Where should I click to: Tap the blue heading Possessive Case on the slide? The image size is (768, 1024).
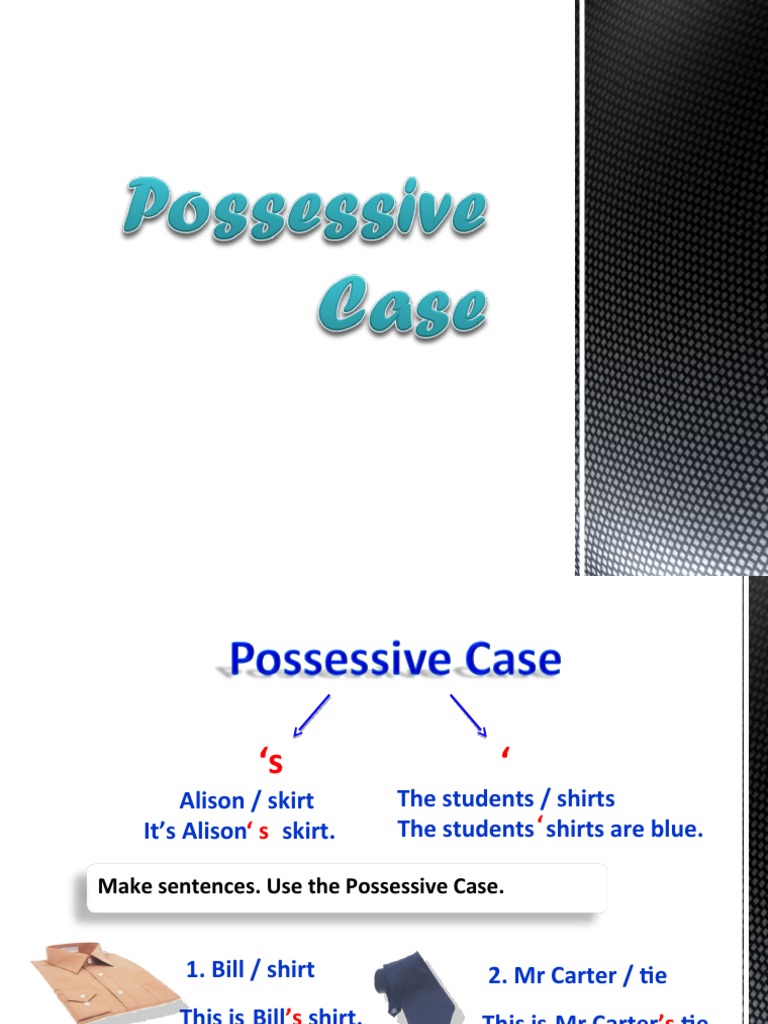coord(395,660)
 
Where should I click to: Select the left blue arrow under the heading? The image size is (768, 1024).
coord(310,716)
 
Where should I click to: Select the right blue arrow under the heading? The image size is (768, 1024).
coord(468,716)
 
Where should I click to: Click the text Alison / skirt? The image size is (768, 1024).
coord(246,800)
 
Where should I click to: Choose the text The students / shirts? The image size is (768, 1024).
coord(506,798)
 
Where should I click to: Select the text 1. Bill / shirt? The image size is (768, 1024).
coord(250,969)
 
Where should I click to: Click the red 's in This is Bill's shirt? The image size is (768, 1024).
coord(295,1016)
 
